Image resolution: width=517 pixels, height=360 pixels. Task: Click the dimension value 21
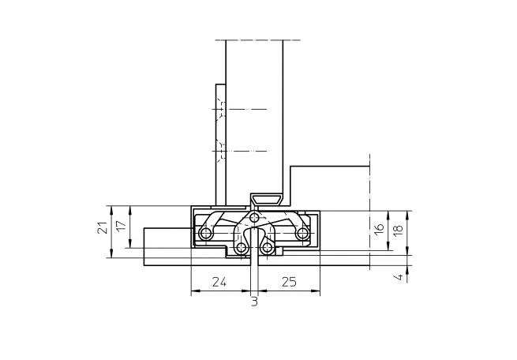[x=103, y=227]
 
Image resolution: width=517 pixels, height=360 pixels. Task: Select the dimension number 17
[x=121, y=226]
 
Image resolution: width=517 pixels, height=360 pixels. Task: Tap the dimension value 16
[x=379, y=228]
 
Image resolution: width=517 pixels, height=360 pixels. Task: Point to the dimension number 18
[x=398, y=230]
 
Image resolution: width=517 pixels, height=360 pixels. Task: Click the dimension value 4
[x=399, y=276]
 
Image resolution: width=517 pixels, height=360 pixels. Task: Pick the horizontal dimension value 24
[x=219, y=282]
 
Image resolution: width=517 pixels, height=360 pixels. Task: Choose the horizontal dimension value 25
[x=289, y=282]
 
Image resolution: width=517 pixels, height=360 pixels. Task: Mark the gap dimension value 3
[x=254, y=302]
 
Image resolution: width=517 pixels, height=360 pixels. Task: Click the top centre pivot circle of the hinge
[x=254, y=217]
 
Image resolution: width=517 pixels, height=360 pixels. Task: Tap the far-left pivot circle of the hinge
[x=206, y=234]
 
